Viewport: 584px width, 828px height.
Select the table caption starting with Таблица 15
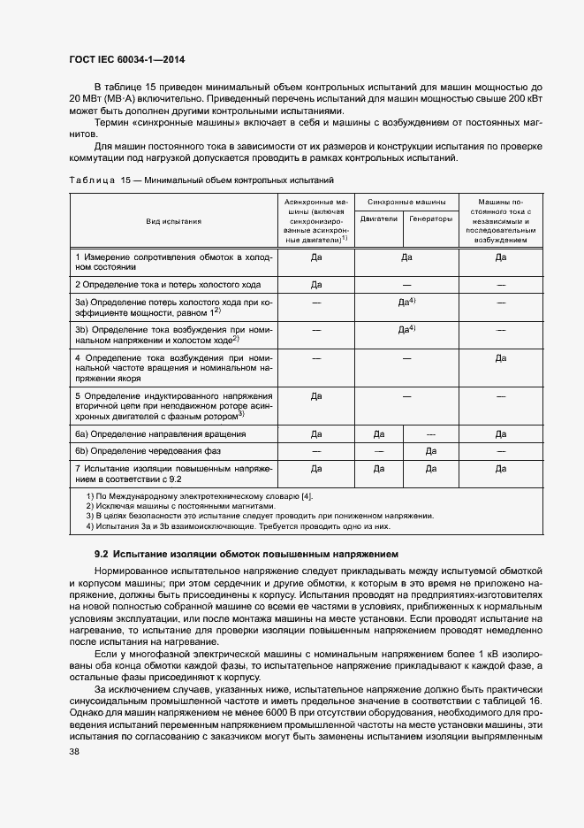pos(201,180)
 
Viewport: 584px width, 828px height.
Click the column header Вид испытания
pos(174,221)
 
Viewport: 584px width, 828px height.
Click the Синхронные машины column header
pos(406,203)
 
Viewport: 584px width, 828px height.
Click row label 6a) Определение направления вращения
pos(160,434)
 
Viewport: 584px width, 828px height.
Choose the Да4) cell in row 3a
pos(406,303)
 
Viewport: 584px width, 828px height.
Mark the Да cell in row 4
pos(500,358)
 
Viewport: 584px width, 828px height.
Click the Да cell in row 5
pos(315,396)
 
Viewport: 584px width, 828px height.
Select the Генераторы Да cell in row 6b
pos(431,450)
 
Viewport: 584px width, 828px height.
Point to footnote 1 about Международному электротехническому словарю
pos(199,496)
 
